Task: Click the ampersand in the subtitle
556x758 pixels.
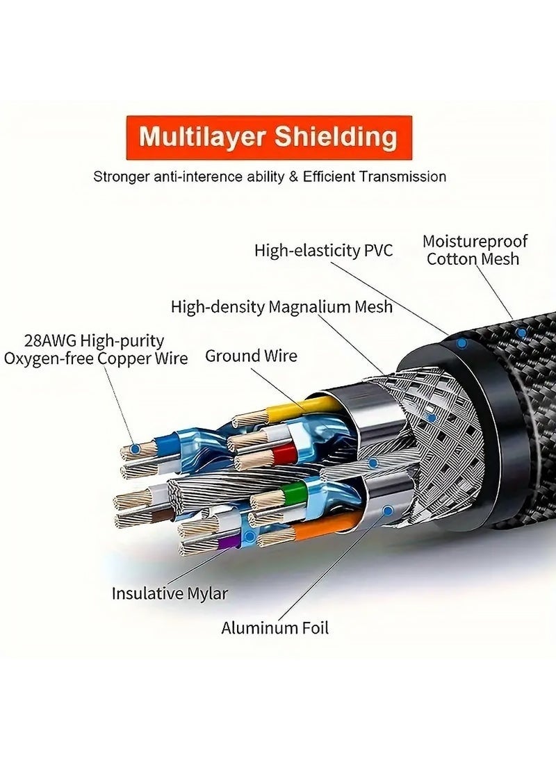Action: [x=292, y=176]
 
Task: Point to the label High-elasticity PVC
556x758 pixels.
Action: [x=323, y=250]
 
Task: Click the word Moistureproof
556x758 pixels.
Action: [x=475, y=242]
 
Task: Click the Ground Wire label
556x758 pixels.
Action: [x=251, y=356]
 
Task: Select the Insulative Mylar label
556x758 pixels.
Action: [x=170, y=593]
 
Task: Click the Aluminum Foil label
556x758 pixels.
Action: [x=275, y=628]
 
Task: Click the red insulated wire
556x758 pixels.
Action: [x=281, y=456]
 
